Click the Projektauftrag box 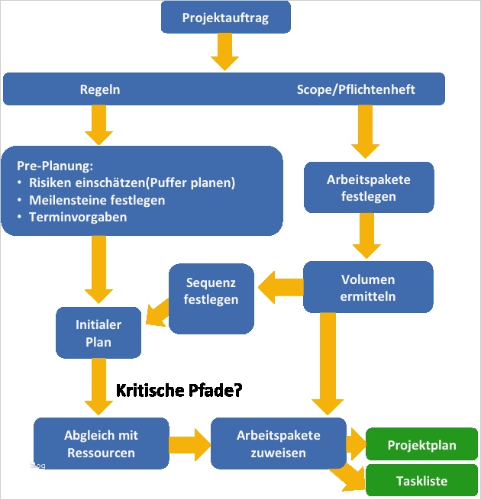point(225,18)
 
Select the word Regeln point(100,89)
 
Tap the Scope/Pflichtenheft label point(356,89)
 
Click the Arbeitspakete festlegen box point(368,188)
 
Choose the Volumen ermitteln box point(368,287)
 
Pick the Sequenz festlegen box point(211,292)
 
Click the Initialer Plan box point(98,334)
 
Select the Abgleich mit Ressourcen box point(101,444)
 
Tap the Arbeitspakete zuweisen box point(278,444)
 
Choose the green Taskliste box point(421,481)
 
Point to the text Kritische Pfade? point(179,391)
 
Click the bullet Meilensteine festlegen point(97,200)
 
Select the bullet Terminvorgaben point(78,217)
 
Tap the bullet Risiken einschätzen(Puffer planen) point(131,182)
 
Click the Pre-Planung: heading point(54,165)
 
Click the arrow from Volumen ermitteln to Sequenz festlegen point(280,287)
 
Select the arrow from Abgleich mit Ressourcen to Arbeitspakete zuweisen point(189,444)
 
